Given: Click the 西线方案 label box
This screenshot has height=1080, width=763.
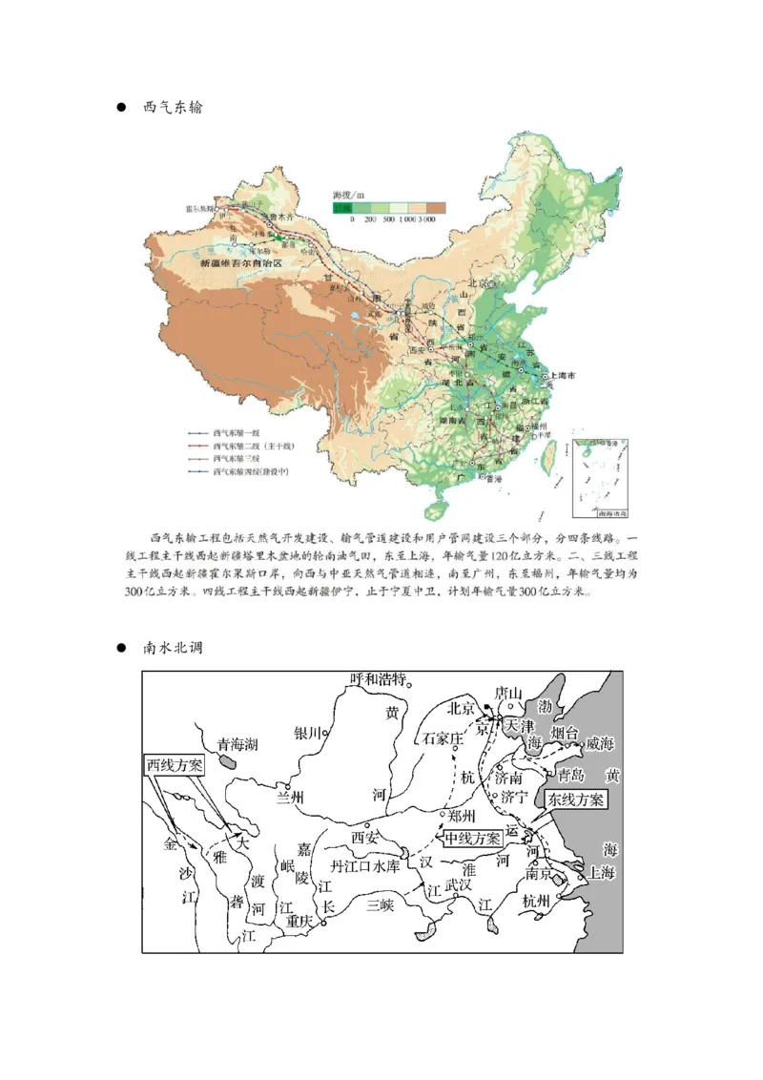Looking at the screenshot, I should coord(175,765).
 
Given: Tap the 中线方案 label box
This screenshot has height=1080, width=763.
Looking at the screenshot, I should coord(471,838).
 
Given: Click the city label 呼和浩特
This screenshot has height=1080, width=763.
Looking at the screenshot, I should coord(378,679).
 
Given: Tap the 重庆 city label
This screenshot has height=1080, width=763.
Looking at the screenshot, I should coord(299,923).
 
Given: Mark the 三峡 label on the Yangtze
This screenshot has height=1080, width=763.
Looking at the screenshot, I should coord(381,906).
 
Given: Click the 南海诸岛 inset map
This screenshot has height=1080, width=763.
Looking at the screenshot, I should coord(597,469).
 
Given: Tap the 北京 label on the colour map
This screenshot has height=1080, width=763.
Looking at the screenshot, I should coord(477,283).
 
